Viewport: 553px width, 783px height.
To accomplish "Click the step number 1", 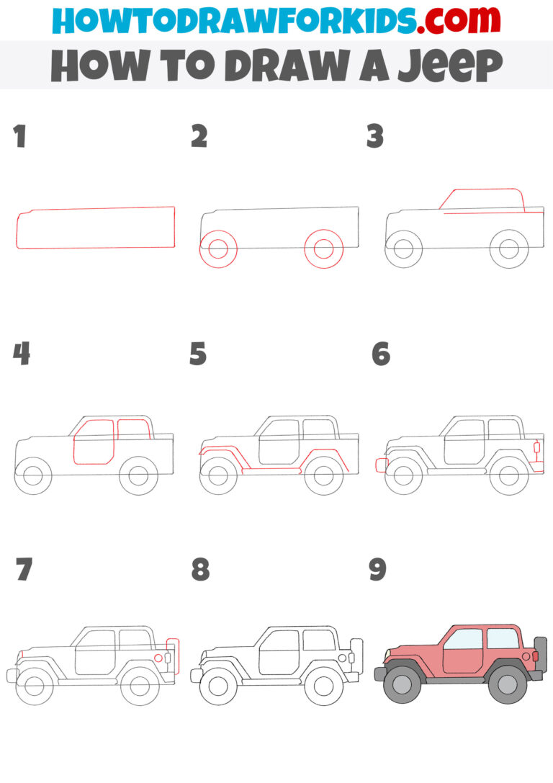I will click(x=19, y=136).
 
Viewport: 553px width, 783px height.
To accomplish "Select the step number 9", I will click(x=377, y=569).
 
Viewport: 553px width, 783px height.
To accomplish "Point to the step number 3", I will click(x=375, y=136).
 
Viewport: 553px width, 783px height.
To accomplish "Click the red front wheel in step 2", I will click(x=219, y=249).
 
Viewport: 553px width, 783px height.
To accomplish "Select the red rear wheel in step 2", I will click(x=323, y=249).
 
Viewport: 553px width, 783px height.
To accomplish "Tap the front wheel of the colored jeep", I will click(x=403, y=684).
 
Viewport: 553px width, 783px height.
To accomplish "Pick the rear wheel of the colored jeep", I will click(x=508, y=685).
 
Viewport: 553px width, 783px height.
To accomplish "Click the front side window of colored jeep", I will click(x=462, y=638).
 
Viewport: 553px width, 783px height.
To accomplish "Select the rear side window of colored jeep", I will click(x=503, y=637).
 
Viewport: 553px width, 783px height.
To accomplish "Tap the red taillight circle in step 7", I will click(x=158, y=658).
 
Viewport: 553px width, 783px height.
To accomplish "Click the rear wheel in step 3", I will click(x=509, y=249).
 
